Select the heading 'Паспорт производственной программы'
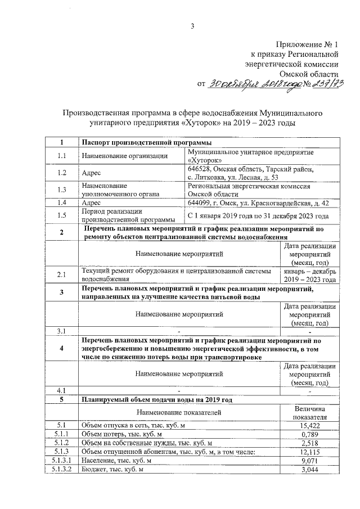143,142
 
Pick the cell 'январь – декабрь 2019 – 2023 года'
309,274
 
